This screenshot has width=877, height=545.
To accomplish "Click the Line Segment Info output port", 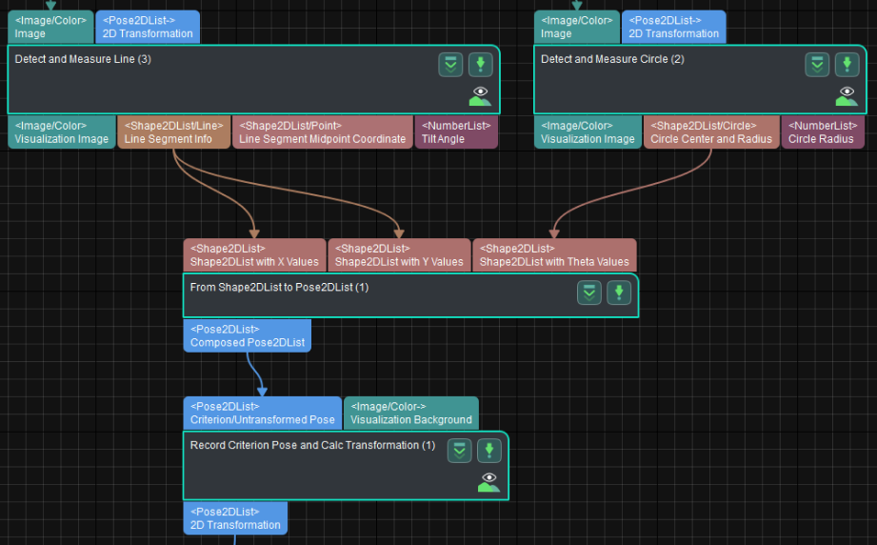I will click(x=173, y=132).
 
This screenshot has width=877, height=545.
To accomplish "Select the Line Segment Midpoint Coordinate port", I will click(x=322, y=132).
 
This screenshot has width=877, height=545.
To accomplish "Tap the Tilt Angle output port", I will click(x=455, y=132).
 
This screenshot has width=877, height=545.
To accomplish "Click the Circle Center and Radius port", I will click(x=710, y=132).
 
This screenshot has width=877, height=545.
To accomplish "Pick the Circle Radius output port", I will click(x=823, y=132).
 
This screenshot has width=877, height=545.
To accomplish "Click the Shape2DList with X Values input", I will click(x=254, y=255).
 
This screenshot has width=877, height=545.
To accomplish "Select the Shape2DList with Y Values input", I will click(x=399, y=255).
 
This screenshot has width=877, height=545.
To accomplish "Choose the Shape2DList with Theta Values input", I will click(x=554, y=255).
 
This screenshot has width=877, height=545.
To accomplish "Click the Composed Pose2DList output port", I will click(x=247, y=336).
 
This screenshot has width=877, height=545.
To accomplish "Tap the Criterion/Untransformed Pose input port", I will click(x=262, y=413).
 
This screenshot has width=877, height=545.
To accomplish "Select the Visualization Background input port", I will click(x=410, y=413).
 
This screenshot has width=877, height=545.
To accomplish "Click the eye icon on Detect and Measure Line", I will click(x=480, y=94).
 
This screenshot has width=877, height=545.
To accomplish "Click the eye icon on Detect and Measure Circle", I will click(x=847, y=94).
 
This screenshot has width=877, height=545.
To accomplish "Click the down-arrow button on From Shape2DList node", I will click(x=619, y=293).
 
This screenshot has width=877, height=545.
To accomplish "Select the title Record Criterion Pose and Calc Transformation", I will click(x=312, y=445).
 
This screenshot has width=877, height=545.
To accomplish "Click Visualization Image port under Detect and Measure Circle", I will click(x=588, y=132).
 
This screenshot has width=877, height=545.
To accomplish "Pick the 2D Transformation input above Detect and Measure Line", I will click(x=148, y=27).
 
